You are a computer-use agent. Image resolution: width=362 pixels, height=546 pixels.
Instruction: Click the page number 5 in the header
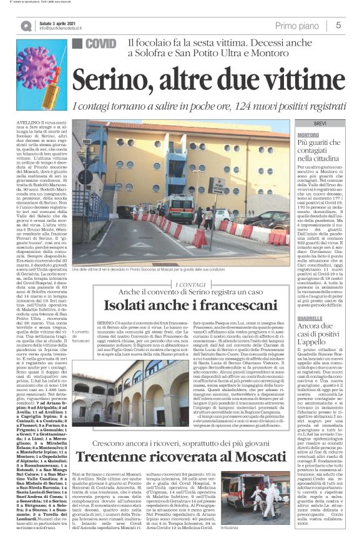[338, 25]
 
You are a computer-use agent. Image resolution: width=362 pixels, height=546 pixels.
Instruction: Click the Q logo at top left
[26, 26]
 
